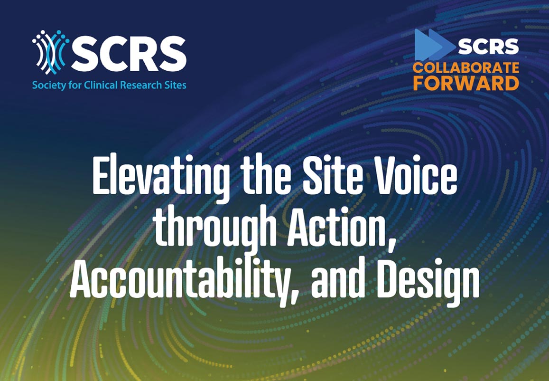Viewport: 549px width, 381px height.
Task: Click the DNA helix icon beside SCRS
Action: click(x=51, y=52)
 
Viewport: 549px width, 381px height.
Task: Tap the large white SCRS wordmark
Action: click(x=129, y=53)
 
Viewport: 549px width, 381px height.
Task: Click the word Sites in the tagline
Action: click(x=174, y=85)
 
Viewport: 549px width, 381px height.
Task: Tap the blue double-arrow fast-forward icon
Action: click(x=435, y=45)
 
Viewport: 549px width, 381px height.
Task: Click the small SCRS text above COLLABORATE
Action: click(x=488, y=47)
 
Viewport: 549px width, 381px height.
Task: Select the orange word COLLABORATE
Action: click(x=466, y=68)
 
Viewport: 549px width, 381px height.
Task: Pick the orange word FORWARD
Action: click(x=466, y=84)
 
